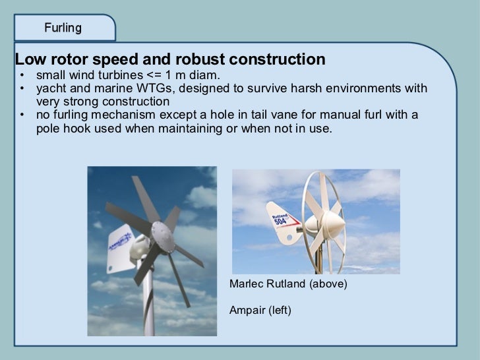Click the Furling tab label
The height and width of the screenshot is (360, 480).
click(x=63, y=28)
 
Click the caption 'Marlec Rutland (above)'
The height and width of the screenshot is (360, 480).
click(x=287, y=285)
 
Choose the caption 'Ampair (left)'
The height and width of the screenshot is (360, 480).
click(x=260, y=309)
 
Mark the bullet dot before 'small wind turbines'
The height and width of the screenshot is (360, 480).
click(x=22, y=75)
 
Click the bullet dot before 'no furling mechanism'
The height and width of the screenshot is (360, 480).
click(x=22, y=116)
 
